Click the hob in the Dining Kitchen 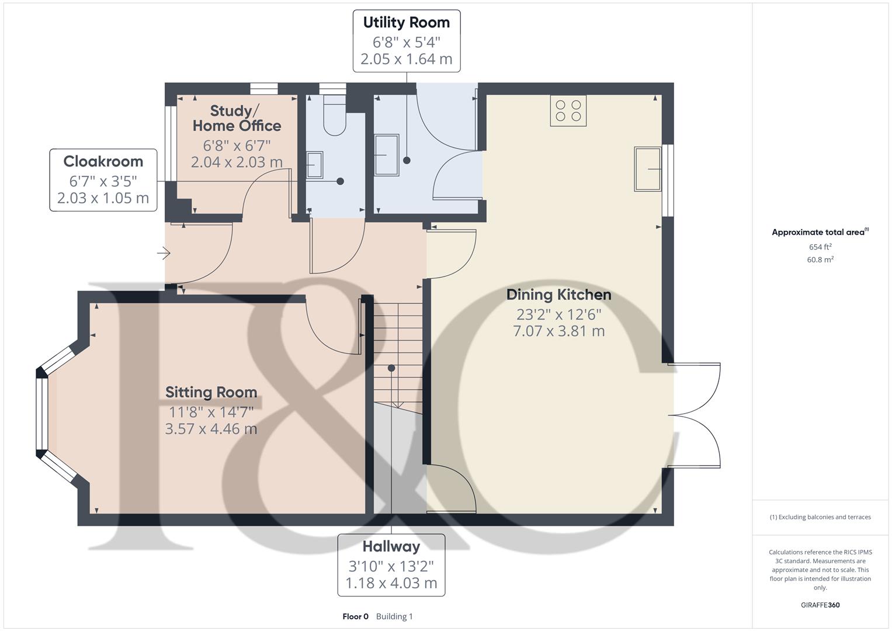(x=568, y=110)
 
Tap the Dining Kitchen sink (x=648, y=169)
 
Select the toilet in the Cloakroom (x=335, y=115)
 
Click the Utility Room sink (x=387, y=155)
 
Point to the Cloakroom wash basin (x=315, y=165)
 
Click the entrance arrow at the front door (x=164, y=253)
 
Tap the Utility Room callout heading (x=407, y=22)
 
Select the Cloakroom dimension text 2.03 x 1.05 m (x=103, y=198)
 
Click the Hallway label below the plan (x=391, y=546)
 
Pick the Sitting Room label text (x=211, y=392)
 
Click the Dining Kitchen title (x=558, y=295)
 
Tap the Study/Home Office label (x=237, y=118)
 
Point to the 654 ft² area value (x=820, y=247)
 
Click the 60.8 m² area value (x=820, y=259)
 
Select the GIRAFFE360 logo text (x=820, y=605)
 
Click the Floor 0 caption (x=356, y=616)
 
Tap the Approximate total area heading (x=820, y=232)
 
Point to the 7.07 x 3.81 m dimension (x=558, y=331)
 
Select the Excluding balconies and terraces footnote (x=820, y=517)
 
